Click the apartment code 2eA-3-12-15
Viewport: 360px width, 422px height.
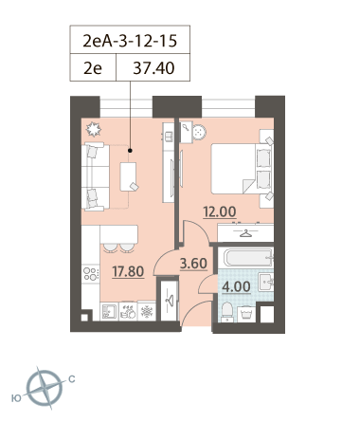coord(130,41)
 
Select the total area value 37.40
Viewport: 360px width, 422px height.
coord(153,68)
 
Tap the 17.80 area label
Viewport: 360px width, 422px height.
coord(128,271)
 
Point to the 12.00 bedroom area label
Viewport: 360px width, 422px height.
coord(220,211)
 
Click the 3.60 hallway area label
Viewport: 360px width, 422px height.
coord(193,264)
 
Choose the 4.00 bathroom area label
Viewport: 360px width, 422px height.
coord(237,286)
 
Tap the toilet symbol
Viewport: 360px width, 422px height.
coord(227,312)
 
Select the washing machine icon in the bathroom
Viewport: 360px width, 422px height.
coord(246,314)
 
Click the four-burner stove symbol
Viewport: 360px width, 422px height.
coord(91,274)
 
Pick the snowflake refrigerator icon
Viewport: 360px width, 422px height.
coord(147,312)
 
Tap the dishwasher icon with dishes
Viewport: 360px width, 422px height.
coord(128,312)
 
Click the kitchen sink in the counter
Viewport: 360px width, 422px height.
coord(109,312)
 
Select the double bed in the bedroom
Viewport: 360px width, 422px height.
coord(242,169)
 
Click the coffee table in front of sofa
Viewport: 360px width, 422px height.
coord(128,176)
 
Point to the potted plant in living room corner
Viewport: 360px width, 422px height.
coord(94,129)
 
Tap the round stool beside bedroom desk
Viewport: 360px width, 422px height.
coord(199,132)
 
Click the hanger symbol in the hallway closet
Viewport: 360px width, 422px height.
coord(170,300)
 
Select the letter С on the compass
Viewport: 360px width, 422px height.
coord(72,379)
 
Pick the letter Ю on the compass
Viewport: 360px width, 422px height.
coord(16,398)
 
